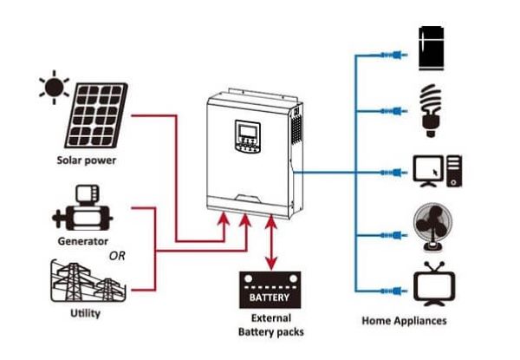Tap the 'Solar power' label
pos(86,160)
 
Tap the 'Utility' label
pos(84,313)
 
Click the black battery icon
pos(270,290)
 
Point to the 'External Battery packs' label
pos(270,325)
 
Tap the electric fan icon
pos(431,228)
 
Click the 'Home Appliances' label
pos(404,321)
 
